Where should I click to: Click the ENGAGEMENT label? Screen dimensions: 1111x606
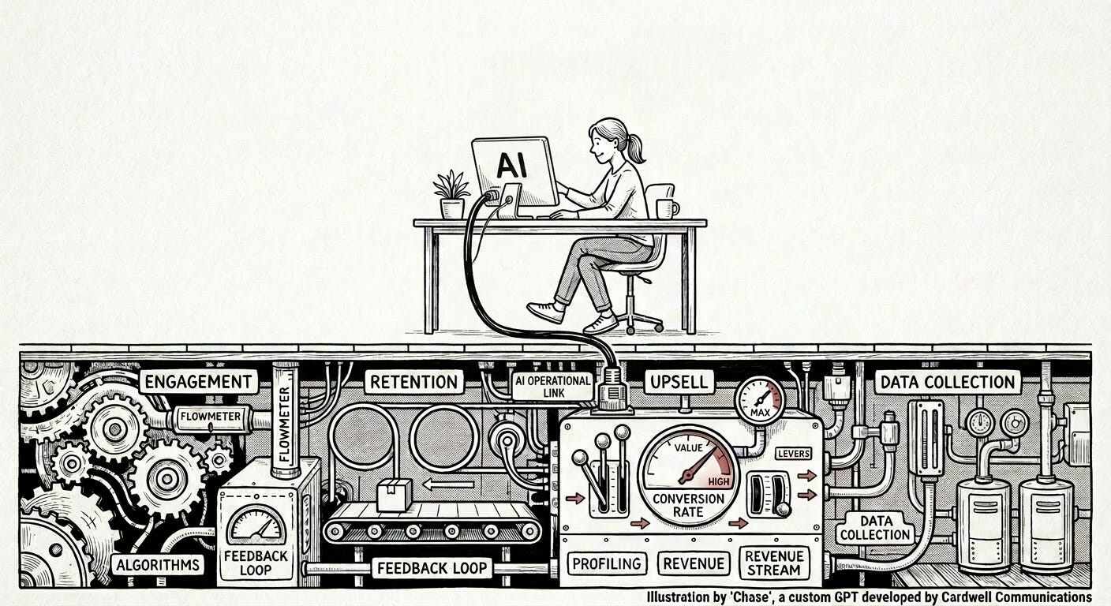point(199,382)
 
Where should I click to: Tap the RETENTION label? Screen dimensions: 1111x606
point(413,382)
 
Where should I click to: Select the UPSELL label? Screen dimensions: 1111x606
point(679,383)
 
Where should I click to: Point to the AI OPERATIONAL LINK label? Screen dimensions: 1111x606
point(552,387)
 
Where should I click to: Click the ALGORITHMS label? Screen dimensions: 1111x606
point(159,564)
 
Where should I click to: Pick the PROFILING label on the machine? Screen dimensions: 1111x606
point(607,563)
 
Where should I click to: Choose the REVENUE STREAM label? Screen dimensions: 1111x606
point(774,563)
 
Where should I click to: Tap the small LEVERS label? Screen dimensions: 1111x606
point(794,453)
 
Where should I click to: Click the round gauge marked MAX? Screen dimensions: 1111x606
point(759,401)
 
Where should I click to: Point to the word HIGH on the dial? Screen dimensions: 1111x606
point(718,481)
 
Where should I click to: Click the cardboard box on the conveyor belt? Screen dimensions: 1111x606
point(394,495)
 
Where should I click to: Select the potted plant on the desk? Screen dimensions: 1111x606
point(451,194)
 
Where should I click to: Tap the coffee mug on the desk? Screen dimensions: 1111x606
point(667,209)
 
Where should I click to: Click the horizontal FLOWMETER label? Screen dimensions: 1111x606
point(211,417)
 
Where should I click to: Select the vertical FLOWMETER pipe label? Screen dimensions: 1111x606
point(285,424)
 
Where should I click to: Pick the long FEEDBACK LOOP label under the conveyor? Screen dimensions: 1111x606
point(432,568)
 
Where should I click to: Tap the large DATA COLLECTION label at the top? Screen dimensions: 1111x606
point(948,383)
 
